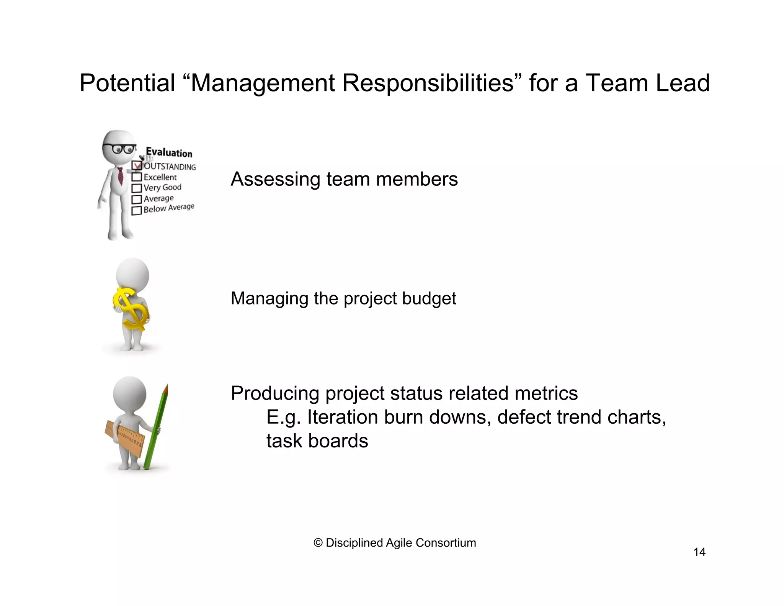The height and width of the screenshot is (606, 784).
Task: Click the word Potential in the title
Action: [x=127, y=83]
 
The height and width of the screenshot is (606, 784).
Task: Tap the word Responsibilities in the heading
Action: [x=427, y=83]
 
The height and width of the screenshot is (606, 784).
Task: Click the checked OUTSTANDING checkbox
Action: [x=137, y=165]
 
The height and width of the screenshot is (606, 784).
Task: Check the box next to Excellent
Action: [x=137, y=177]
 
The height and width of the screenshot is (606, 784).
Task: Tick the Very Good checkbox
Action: [x=137, y=188]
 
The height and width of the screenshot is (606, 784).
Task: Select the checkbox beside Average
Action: [x=137, y=200]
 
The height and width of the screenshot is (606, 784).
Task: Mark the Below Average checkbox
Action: [x=137, y=211]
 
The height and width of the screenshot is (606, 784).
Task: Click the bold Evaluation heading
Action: [x=169, y=153]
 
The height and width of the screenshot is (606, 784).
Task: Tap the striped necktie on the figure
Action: [x=120, y=176]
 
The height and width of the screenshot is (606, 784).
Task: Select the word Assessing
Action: [x=275, y=179]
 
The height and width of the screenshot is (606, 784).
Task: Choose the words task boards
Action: [x=317, y=441]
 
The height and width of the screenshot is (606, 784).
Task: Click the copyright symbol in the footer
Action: [x=318, y=543]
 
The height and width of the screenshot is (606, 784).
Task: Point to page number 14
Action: [x=699, y=552]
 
